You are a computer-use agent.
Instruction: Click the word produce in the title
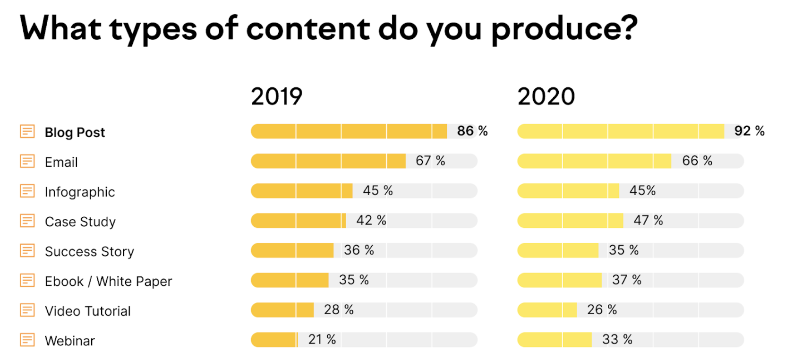click(564, 29)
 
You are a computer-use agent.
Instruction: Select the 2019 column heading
click(277, 96)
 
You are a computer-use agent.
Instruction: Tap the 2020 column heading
click(546, 96)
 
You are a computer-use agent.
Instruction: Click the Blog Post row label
click(75, 132)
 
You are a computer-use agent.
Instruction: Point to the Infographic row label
click(80, 192)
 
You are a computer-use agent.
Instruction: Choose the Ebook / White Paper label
click(108, 281)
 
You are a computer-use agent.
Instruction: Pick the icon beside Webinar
click(27, 340)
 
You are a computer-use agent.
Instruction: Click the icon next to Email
click(27, 161)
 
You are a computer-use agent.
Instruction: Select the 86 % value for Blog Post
click(472, 131)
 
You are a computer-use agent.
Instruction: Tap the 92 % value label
click(749, 131)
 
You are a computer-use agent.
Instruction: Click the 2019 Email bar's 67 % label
click(430, 161)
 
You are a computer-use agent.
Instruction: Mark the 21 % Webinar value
click(322, 339)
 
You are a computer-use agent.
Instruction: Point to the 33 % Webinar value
click(617, 339)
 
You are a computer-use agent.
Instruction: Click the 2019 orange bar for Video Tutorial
click(282, 310)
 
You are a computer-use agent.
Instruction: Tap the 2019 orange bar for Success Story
click(292, 250)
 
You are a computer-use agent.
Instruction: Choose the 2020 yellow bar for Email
click(594, 161)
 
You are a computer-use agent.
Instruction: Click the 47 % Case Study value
click(648, 220)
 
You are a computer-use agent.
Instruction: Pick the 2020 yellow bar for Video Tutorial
click(547, 310)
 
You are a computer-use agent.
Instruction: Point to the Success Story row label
click(89, 251)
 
